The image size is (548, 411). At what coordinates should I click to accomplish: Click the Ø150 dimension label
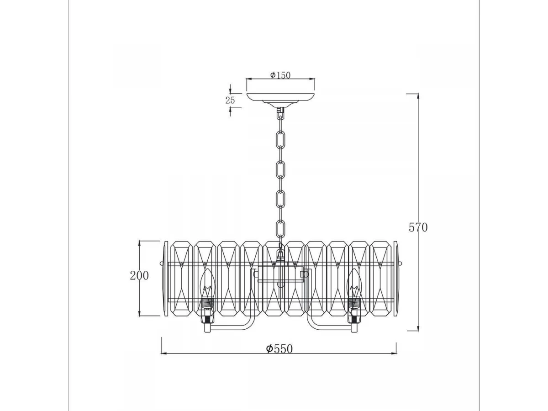[x=280, y=75]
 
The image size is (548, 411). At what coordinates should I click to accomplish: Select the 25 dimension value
[x=230, y=100]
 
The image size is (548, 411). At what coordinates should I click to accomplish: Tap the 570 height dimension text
[x=418, y=227]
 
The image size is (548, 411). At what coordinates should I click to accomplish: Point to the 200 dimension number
[x=139, y=275]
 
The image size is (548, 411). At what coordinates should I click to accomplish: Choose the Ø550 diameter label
[x=279, y=349]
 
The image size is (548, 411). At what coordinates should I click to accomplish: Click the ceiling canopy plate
[x=280, y=99]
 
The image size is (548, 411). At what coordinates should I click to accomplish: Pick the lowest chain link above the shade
[x=280, y=228]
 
